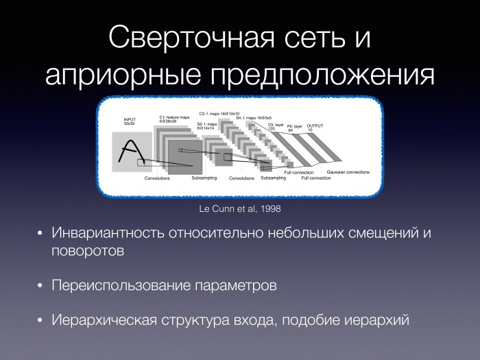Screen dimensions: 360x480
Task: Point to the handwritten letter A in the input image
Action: [130, 152]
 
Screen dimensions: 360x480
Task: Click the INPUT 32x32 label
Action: [130, 121]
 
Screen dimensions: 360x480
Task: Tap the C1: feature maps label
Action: [174, 119]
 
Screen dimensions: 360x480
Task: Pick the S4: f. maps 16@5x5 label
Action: [254, 118]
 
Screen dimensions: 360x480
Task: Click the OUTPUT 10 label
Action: [315, 128]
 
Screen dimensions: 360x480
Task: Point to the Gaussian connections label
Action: [348, 172]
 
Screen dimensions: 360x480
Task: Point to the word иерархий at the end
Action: [383, 320]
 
